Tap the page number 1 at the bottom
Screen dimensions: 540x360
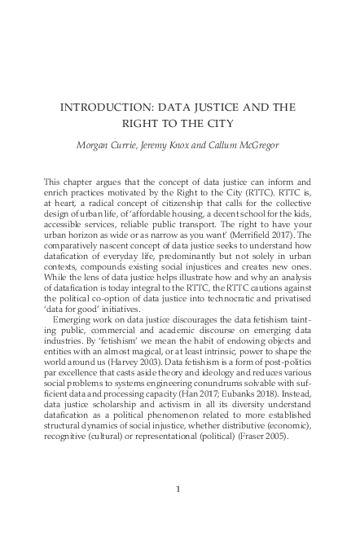pyautogui.click(x=178, y=489)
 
